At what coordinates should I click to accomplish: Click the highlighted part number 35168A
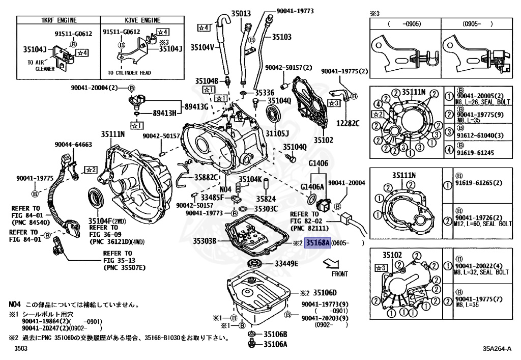[x=317, y=243]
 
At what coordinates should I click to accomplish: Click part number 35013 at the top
[x=241, y=14]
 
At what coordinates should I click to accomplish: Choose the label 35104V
[x=202, y=47]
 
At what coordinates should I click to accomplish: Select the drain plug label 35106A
[x=275, y=344]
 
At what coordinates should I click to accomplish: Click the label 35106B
[x=275, y=334]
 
